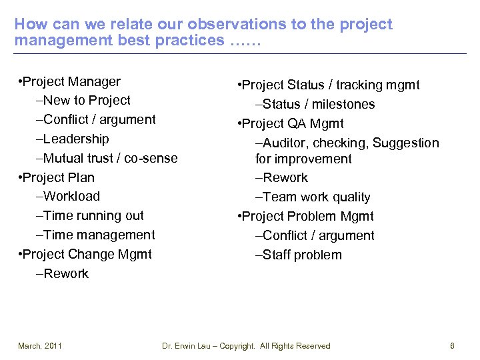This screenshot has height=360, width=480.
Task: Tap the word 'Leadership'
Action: coord(76,139)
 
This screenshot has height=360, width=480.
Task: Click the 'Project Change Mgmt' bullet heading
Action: coord(86,255)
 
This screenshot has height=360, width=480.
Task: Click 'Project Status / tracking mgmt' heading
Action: coord(329,85)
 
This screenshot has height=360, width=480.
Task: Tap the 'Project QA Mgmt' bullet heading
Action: coord(291,124)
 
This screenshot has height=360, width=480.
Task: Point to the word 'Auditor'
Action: coord(286,143)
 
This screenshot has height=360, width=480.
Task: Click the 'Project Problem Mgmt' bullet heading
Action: coord(305,217)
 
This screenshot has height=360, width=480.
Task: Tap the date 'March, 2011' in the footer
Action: coord(40,346)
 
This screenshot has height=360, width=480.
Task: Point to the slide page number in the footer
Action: coord(452,346)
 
